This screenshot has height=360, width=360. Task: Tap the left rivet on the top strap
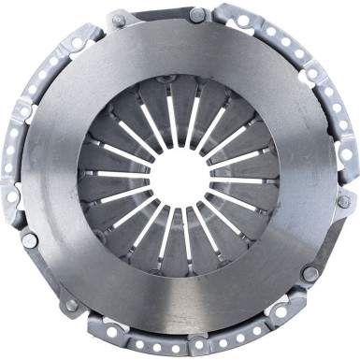[x=119, y=19]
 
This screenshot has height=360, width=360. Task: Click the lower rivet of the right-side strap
[x=309, y=273]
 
